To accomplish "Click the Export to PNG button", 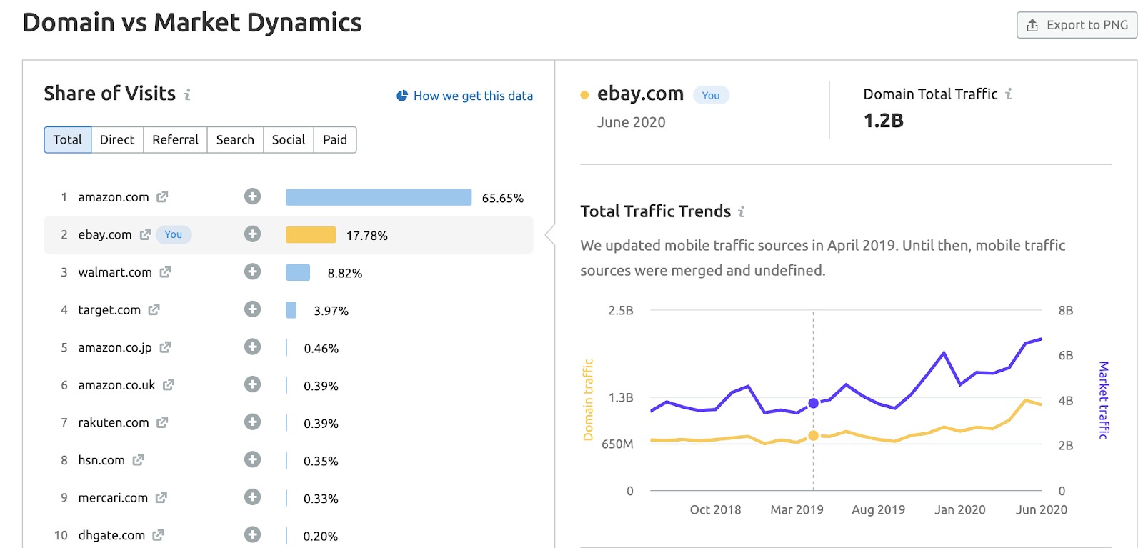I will pyautogui.click(x=1077, y=25).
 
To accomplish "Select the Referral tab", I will pyautogui.click(x=175, y=140).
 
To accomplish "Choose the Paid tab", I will pyautogui.click(x=334, y=140).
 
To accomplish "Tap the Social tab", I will pyautogui.click(x=289, y=140).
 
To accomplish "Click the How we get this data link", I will pyautogui.click(x=472, y=96).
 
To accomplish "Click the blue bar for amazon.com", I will pyautogui.click(x=379, y=197).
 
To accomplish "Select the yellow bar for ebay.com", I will pyautogui.click(x=311, y=235).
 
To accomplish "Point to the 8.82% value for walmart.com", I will pyautogui.click(x=345, y=274).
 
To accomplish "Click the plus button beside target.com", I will pyautogui.click(x=252, y=309).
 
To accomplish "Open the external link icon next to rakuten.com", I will pyautogui.click(x=162, y=422).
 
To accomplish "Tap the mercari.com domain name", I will pyautogui.click(x=113, y=498).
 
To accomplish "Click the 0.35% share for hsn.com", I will pyautogui.click(x=321, y=462).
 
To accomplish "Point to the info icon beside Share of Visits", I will pyautogui.click(x=187, y=94).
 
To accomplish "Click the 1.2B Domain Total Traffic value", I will pyautogui.click(x=883, y=121).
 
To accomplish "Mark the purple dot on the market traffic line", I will pyautogui.click(x=813, y=403).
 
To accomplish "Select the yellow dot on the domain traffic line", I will pyautogui.click(x=813, y=436).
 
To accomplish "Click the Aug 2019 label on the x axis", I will pyautogui.click(x=878, y=510).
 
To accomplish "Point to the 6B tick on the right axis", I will pyautogui.click(x=1065, y=356).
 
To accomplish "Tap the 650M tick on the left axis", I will pyautogui.click(x=617, y=444).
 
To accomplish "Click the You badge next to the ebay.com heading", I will pyautogui.click(x=710, y=96).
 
